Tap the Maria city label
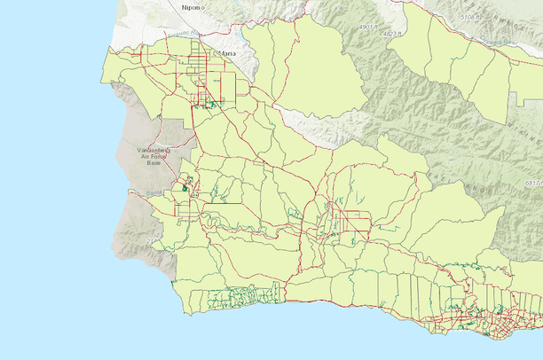(x=228, y=54)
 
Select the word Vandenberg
(x=157, y=150)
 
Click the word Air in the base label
(x=145, y=157)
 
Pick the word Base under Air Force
(x=154, y=164)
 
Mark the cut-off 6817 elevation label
(x=533, y=183)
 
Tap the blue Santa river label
(x=152, y=192)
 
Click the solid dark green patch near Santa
(x=185, y=187)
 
